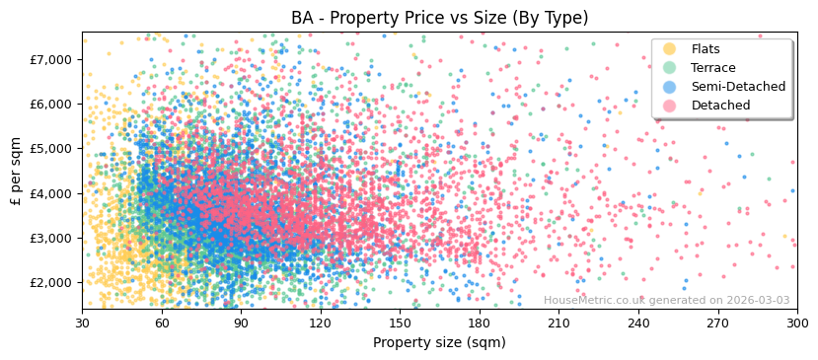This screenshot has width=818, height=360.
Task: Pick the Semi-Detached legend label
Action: (738, 87)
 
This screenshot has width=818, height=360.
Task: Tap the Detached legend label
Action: (721, 106)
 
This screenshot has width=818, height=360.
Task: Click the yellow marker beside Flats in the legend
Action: (669, 49)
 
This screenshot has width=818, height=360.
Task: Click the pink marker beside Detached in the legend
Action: (669, 106)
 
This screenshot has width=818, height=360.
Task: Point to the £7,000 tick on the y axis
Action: (51, 59)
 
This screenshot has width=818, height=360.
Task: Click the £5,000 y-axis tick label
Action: (51, 148)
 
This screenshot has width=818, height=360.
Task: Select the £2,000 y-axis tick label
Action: (51, 282)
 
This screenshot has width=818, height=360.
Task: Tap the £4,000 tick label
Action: (51, 193)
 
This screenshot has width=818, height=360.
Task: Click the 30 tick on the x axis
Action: (82, 323)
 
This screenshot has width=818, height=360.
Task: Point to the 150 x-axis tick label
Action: (400, 323)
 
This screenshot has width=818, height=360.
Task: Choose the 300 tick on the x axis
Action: (796, 323)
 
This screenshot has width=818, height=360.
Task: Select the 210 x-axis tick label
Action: (558, 323)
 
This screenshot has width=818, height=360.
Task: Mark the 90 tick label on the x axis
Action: (241, 323)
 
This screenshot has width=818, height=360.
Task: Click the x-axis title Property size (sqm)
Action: (439, 342)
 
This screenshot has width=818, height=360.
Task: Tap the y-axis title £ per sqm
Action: (16, 170)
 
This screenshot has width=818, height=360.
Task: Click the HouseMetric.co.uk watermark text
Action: (666, 301)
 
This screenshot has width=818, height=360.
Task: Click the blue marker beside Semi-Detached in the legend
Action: (669, 87)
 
